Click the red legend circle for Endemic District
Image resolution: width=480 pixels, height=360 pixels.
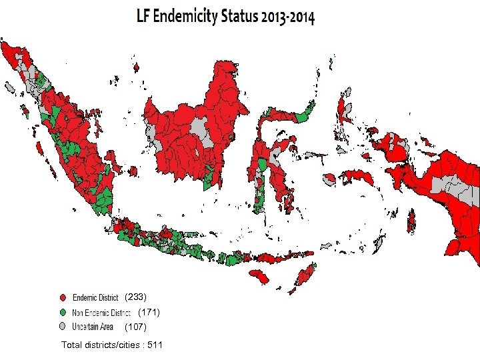pyautogui.click(x=63, y=297)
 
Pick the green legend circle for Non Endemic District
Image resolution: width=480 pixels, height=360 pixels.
pyautogui.click(x=63, y=312)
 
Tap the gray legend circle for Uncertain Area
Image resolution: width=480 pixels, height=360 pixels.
pyautogui.click(x=63, y=327)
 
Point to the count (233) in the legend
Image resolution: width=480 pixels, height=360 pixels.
pyautogui.click(x=135, y=297)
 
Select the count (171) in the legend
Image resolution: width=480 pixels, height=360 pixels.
pyautogui.click(x=149, y=312)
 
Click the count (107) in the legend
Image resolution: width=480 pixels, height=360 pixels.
pyautogui.click(x=135, y=327)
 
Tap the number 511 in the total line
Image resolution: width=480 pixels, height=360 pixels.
pyautogui.click(x=154, y=345)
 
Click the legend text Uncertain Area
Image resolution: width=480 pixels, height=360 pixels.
pyautogui.click(x=93, y=327)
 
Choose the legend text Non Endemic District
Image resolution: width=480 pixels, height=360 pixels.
pyautogui.click(x=101, y=312)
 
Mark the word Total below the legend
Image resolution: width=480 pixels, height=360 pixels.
pyautogui.click(x=73, y=345)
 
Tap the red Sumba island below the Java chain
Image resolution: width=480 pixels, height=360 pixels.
pyautogui.click(x=259, y=277)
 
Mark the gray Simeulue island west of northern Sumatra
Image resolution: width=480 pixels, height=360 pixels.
pyautogui.click(x=9, y=87)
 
